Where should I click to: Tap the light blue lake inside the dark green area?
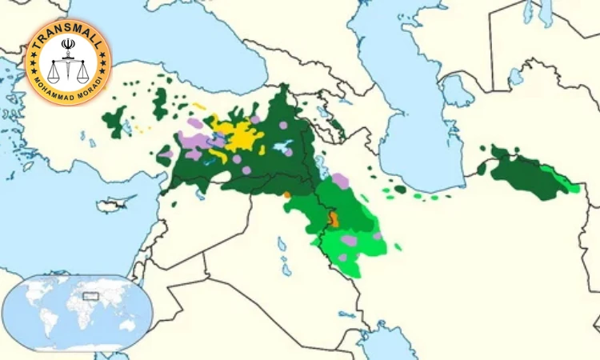click(282, 147)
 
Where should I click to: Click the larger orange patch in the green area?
click(333, 219)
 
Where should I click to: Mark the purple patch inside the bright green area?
click(349, 240)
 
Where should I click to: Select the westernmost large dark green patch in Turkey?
click(115, 122)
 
